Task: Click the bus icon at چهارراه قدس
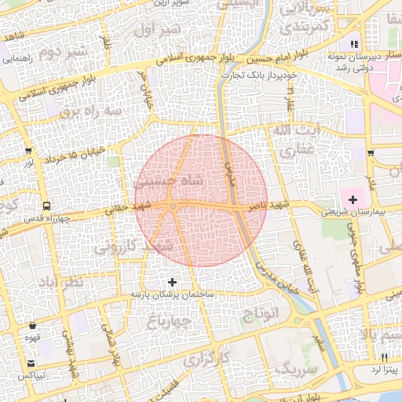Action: click(x=48, y=206)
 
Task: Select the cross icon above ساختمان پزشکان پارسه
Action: click(x=173, y=281)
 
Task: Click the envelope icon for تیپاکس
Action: click(x=31, y=364)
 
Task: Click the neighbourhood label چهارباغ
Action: click(x=170, y=321)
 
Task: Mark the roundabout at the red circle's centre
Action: click(x=173, y=206)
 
